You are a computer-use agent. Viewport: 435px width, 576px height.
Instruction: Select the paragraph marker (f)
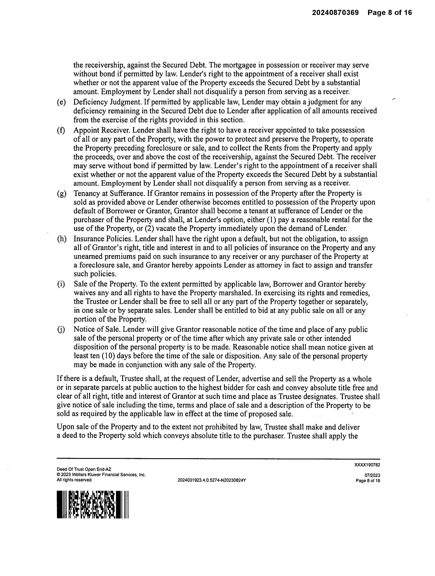click(61, 130)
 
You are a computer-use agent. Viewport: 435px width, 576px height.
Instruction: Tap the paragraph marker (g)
click(61, 193)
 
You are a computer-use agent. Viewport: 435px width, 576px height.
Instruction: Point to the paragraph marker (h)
click(61, 239)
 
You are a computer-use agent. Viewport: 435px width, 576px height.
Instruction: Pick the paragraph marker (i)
click(61, 284)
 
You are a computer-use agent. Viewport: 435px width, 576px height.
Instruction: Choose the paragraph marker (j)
click(61, 330)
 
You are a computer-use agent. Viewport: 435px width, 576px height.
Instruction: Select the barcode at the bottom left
click(93, 505)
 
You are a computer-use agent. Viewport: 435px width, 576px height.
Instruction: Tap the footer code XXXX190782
click(367, 465)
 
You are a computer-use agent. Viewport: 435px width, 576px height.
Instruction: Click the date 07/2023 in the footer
click(372, 475)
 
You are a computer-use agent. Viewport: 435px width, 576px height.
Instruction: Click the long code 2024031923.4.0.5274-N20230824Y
click(211, 480)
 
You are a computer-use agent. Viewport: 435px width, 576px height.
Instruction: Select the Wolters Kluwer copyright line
click(101, 475)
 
